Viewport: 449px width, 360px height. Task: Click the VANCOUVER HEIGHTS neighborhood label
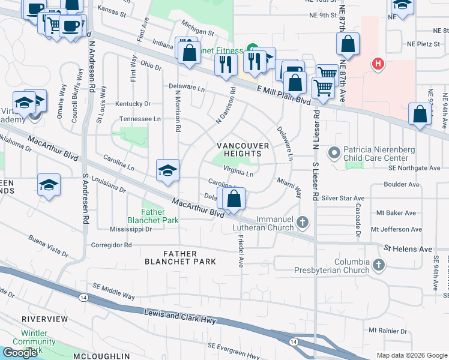[239, 149]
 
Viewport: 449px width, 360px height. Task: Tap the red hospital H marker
[378, 64]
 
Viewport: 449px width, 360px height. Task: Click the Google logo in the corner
[20, 352]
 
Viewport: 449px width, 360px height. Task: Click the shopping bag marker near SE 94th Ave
[420, 115]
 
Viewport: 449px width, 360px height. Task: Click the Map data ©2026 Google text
[411, 355]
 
